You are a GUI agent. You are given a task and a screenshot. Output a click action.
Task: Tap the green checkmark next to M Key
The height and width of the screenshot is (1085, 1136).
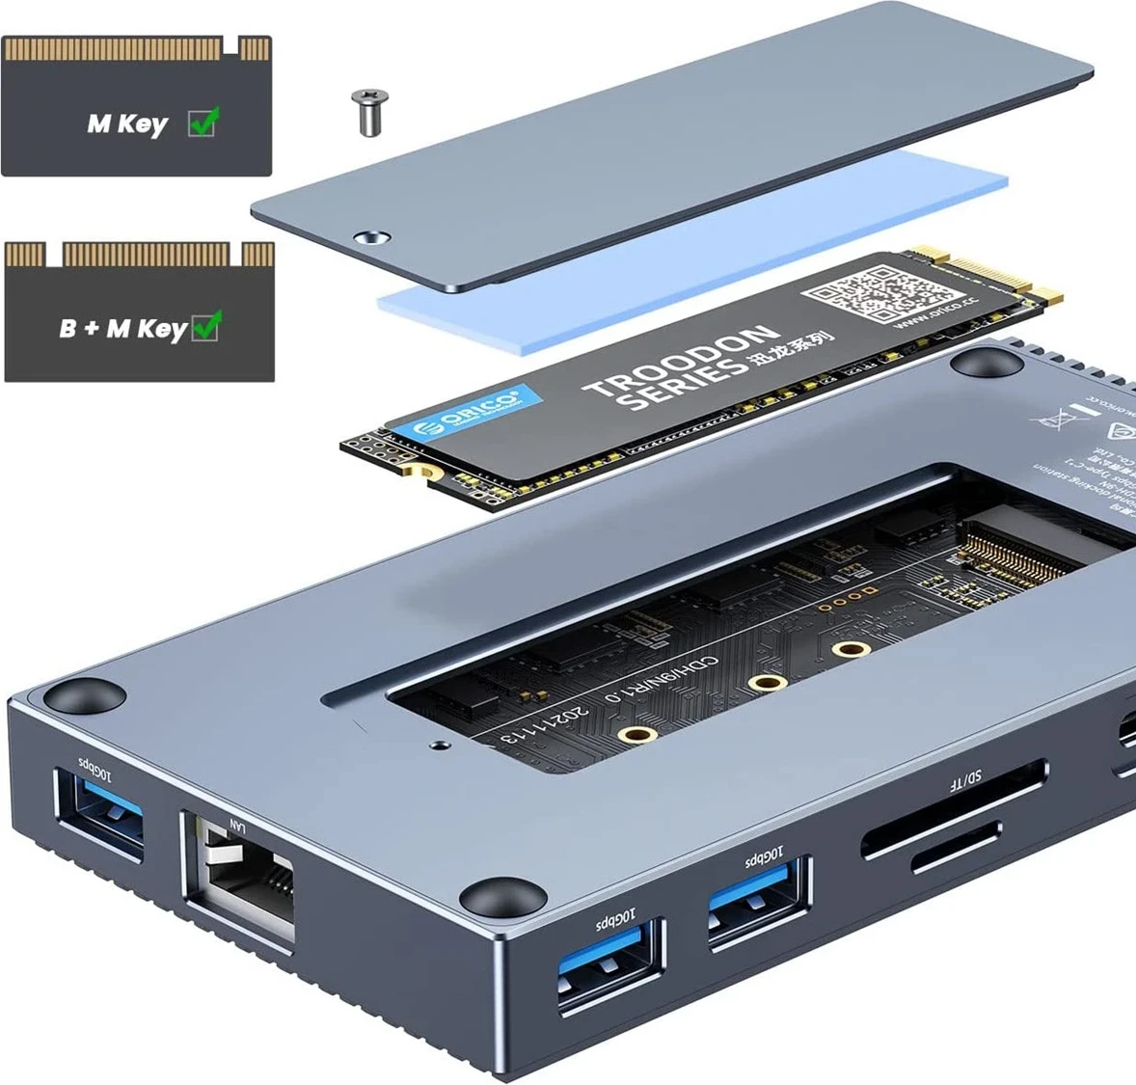[x=203, y=122]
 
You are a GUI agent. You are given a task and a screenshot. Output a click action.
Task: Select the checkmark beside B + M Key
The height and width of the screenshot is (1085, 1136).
[x=206, y=327]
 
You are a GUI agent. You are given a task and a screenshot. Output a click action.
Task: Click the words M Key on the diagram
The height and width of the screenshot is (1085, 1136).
[x=126, y=124]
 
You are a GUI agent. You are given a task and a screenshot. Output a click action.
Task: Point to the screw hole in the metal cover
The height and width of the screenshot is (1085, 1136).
[x=370, y=236]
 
